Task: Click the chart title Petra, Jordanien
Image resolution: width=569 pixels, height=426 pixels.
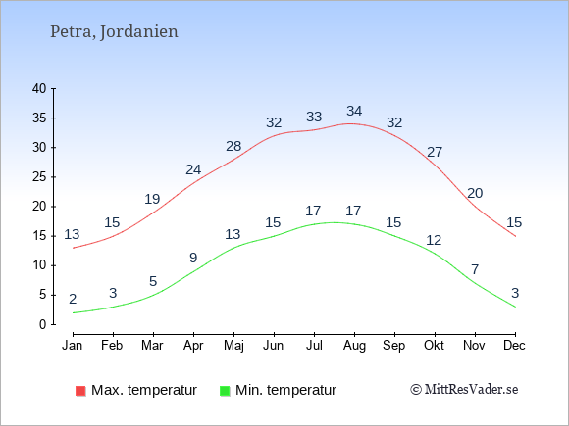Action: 114,32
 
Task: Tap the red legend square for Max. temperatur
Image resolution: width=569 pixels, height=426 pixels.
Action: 80,391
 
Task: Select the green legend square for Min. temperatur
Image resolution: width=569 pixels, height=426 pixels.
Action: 225,391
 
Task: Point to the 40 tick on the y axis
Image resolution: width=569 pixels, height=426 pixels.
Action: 39,88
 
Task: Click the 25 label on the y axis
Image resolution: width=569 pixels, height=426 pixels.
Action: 39,177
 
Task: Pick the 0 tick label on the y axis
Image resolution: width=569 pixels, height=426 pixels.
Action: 43,324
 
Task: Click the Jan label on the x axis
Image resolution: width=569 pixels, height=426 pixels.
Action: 73,346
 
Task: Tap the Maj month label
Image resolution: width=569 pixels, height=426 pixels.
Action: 233,346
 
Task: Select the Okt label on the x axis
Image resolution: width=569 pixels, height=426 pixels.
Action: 434,346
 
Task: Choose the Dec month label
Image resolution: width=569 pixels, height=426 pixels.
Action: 515,346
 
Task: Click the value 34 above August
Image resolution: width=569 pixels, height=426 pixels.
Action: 354,111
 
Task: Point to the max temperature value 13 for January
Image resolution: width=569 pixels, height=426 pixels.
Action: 72,234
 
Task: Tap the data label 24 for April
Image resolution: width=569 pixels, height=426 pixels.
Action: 193,169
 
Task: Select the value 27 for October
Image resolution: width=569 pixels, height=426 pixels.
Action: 435,152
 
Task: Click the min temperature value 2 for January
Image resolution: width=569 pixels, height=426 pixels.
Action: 73,300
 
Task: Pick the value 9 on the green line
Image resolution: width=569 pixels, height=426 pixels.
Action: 193,258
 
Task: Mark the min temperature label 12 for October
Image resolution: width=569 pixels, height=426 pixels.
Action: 434,240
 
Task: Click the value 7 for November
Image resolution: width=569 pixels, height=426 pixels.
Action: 475,269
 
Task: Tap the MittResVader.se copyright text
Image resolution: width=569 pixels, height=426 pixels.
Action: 464,390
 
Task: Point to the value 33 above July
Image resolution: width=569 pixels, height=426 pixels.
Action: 314,117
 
